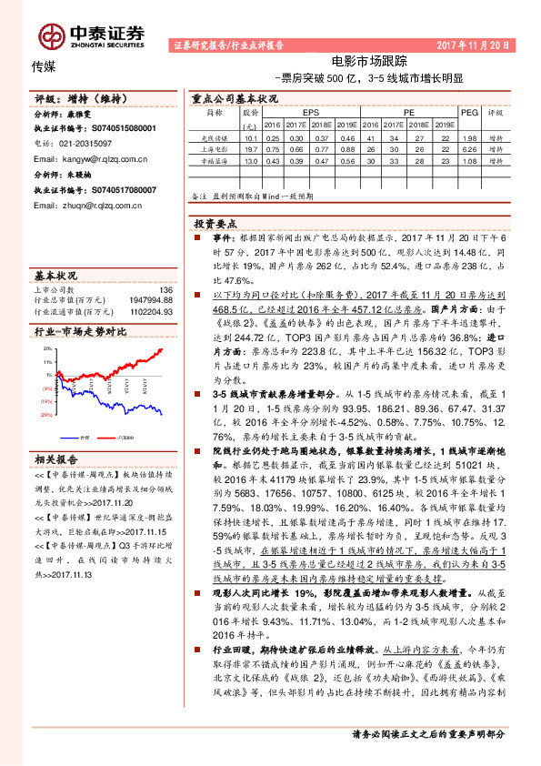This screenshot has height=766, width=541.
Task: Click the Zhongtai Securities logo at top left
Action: point(91,34)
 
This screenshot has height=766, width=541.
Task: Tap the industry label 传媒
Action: point(44,66)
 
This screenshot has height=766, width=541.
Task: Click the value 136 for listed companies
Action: point(165,289)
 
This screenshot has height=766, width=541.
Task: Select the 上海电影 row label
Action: point(214,147)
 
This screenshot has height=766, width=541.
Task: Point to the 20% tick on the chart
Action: point(47,351)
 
